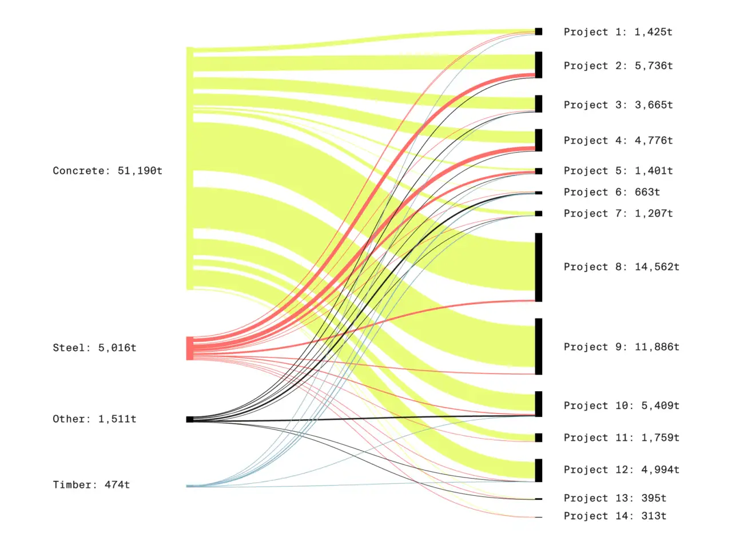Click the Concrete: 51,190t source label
pyautogui.click(x=108, y=170)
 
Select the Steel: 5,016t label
pyautogui.click(x=94, y=348)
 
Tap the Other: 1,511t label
pyautogui.click(x=94, y=419)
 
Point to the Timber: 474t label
pyautogui.click(x=91, y=485)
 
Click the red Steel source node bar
pyautogui.click(x=190, y=348)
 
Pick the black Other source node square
pyautogui.click(x=190, y=419)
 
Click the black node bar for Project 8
pyautogui.click(x=539, y=267)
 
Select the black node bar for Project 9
pyautogui.click(x=539, y=347)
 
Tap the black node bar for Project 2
pyautogui.click(x=539, y=65)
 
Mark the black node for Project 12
pyautogui.click(x=539, y=470)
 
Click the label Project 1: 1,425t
pyautogui.click(x=618, y=32)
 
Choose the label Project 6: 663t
pyautogui.click(x=611, y=192)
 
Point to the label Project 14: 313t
pyautogui.click(x=615, y=516)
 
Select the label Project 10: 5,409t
pyautogui.click(x=622, y=405)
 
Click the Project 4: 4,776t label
pyautogui.click(x=618, y=140)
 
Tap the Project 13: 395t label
pyautogui.click(x=615, y=498)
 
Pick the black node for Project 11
pyautogui.click(x=539, y=437)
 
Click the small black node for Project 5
pyautogui.click(x=539, y=171)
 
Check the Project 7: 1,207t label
pyautogui.click(x=618, y=213)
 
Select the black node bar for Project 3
pyautogui.click(x=539, y=104)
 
